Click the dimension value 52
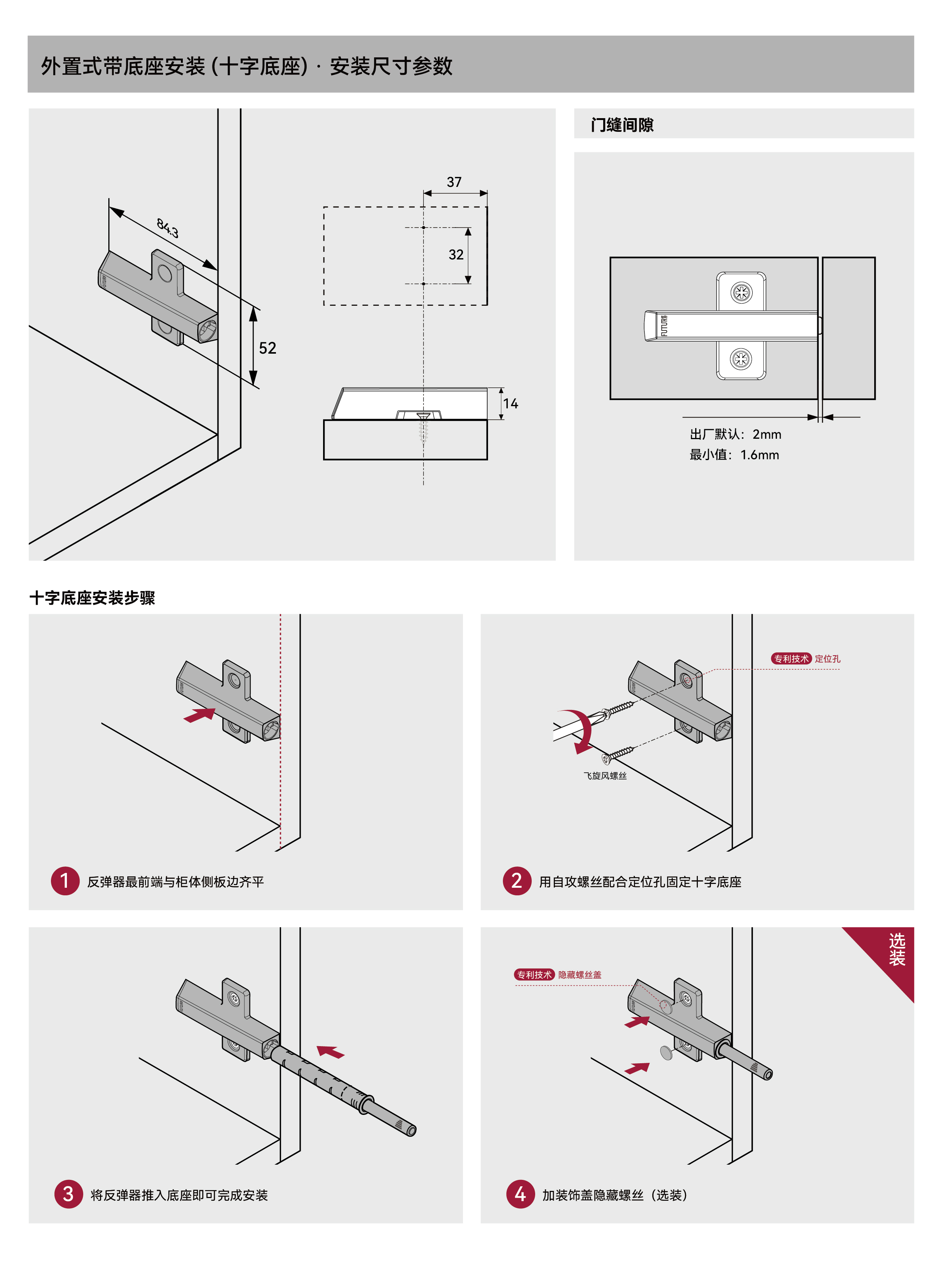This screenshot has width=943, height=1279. [x=267, y=348]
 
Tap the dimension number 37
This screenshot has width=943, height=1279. [x=454, y=182]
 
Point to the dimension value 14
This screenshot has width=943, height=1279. [x=510, y=404]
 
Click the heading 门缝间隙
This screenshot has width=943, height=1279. [x=622, y=125]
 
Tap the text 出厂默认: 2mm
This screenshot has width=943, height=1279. [x=735, y=434]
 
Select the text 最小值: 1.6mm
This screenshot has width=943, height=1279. [x=734, y=455]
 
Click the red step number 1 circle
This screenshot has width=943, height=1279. [x=65, y=881]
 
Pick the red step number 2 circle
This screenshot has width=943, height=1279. [x=517, y=881]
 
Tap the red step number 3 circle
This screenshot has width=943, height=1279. [x=68, y=1194]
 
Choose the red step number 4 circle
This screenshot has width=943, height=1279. [x=520, y=1194]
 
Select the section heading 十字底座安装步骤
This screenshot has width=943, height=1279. [x=92, y=598]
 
